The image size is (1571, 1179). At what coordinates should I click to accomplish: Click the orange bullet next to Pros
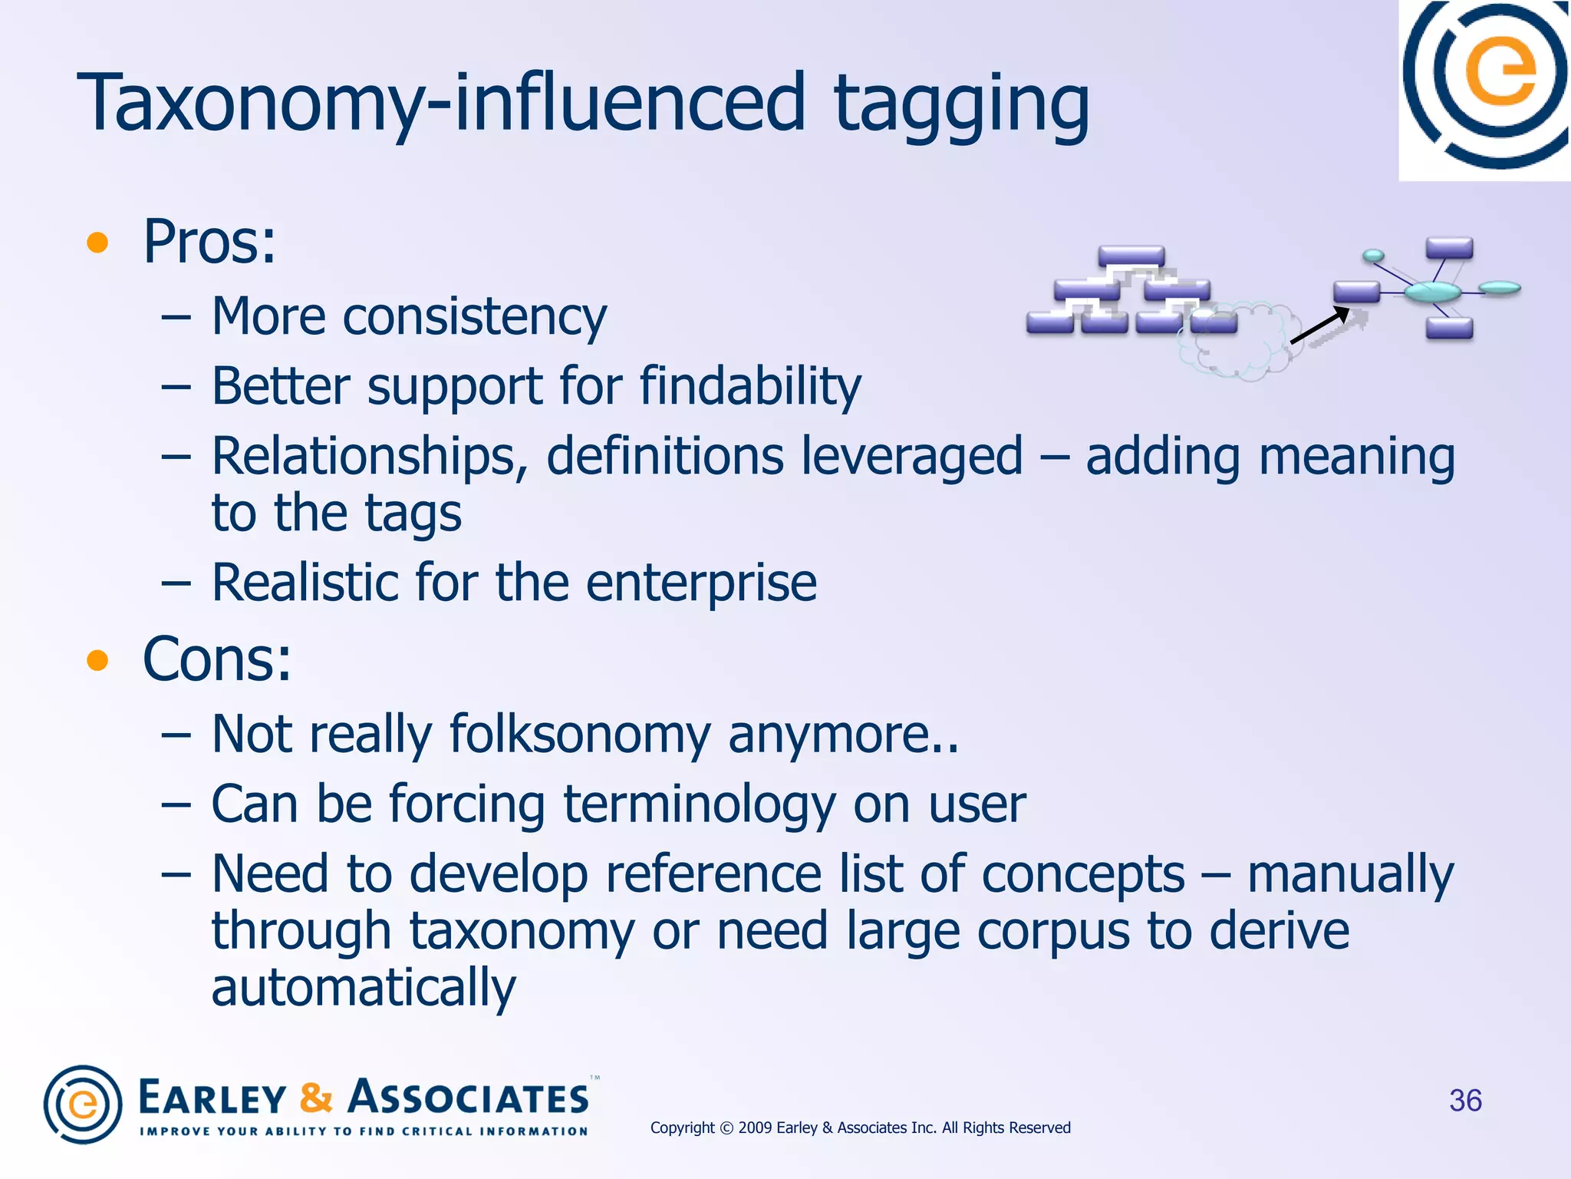(97, 243)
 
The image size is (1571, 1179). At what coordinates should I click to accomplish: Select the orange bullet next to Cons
(97, 660)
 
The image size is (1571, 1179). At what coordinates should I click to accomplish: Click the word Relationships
(369, 456)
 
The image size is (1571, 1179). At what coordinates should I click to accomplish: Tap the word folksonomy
(580, 734)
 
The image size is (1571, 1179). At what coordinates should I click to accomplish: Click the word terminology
(700, 804)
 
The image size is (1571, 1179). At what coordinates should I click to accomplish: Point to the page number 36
(1465, 1101)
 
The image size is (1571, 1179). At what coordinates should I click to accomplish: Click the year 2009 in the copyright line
(755, 1128)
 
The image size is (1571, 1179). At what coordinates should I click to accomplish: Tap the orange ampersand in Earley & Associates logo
(316, 1097)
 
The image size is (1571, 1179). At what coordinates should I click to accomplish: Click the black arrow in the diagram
(1319, 325)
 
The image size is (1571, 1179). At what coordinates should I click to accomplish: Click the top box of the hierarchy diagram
(1131, 256)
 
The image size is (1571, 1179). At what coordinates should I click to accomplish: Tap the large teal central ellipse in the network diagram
(1431, 292)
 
